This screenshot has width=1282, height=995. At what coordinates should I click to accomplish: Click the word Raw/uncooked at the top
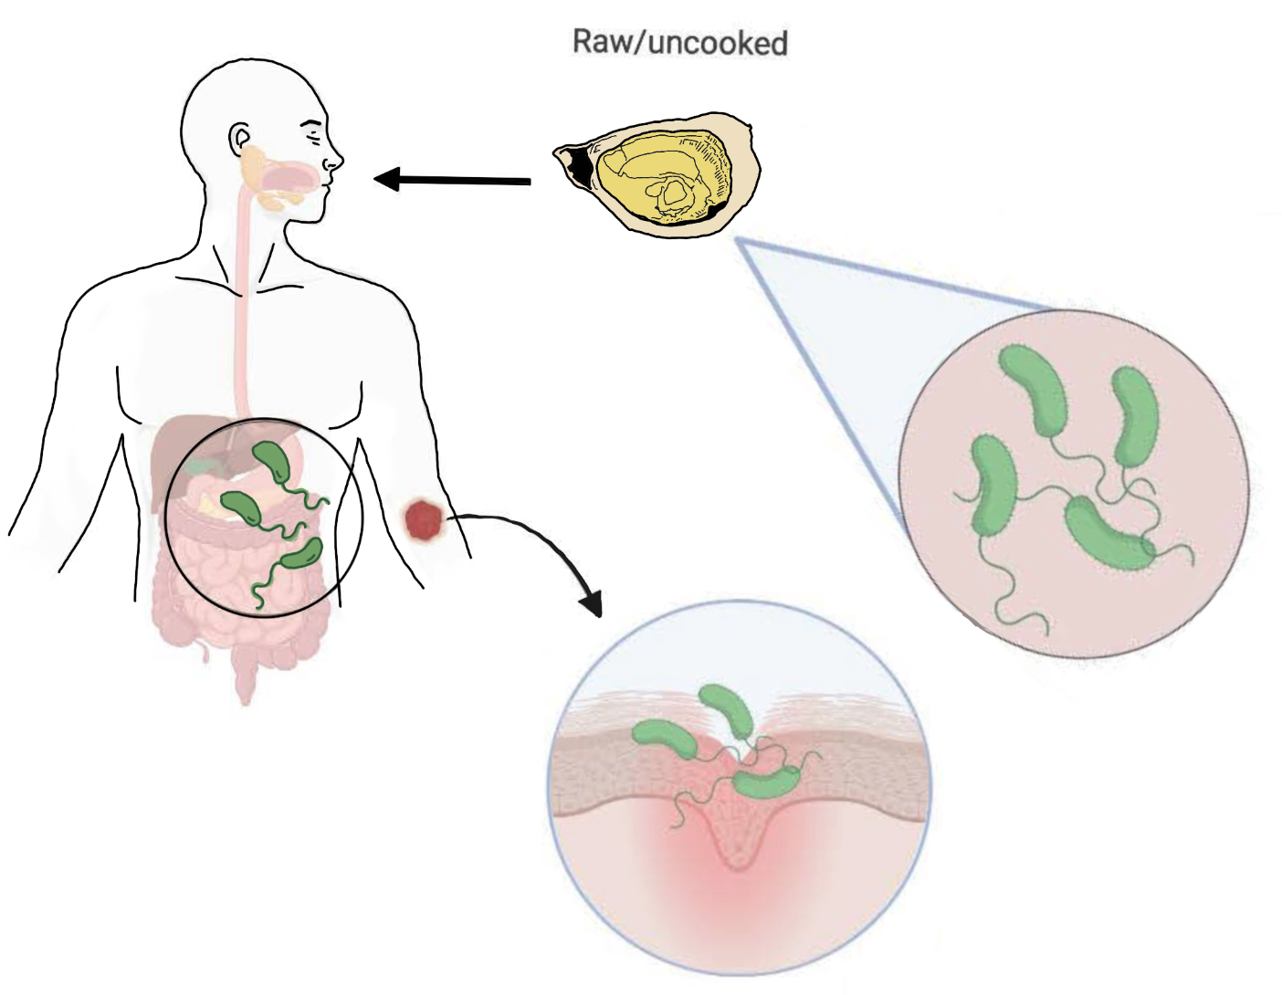tap(680, 43)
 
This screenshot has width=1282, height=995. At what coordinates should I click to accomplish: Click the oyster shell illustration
tap(656, 173)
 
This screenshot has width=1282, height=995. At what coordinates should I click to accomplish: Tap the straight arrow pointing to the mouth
tap(453, 178)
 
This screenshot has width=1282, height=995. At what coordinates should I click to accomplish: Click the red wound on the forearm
tap(423, 519)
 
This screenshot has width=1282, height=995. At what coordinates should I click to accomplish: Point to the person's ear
tap(239, 139)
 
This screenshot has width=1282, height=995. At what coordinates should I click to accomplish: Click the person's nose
tap(334, 158)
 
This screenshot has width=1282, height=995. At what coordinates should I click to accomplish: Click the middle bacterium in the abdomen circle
tap(242, 508)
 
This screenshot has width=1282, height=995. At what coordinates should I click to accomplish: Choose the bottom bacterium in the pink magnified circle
tap(1109, 532)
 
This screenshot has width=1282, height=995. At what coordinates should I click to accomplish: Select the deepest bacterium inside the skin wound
tap(765, 783)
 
